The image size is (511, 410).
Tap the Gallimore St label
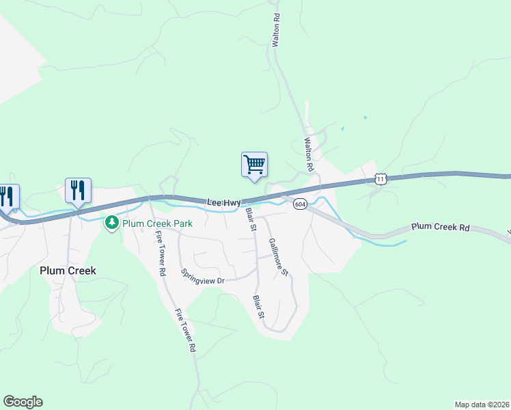point(278,257)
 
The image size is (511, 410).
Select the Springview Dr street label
point(203,275)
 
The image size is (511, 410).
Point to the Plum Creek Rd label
point(441,227)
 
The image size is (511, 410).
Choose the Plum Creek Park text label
point(157,223)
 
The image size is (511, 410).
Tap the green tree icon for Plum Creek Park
point(111,222)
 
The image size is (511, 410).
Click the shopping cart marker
point(254,165)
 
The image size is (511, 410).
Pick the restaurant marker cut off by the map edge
point(8,196)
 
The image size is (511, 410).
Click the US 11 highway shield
point(381,179)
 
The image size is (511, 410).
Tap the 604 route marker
point(300,204)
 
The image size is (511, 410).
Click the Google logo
point(23,402)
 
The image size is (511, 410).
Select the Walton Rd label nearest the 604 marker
point(308,154)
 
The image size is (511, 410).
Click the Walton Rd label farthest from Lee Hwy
point(276,29)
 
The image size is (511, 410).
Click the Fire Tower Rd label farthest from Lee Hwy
point(184,331)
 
